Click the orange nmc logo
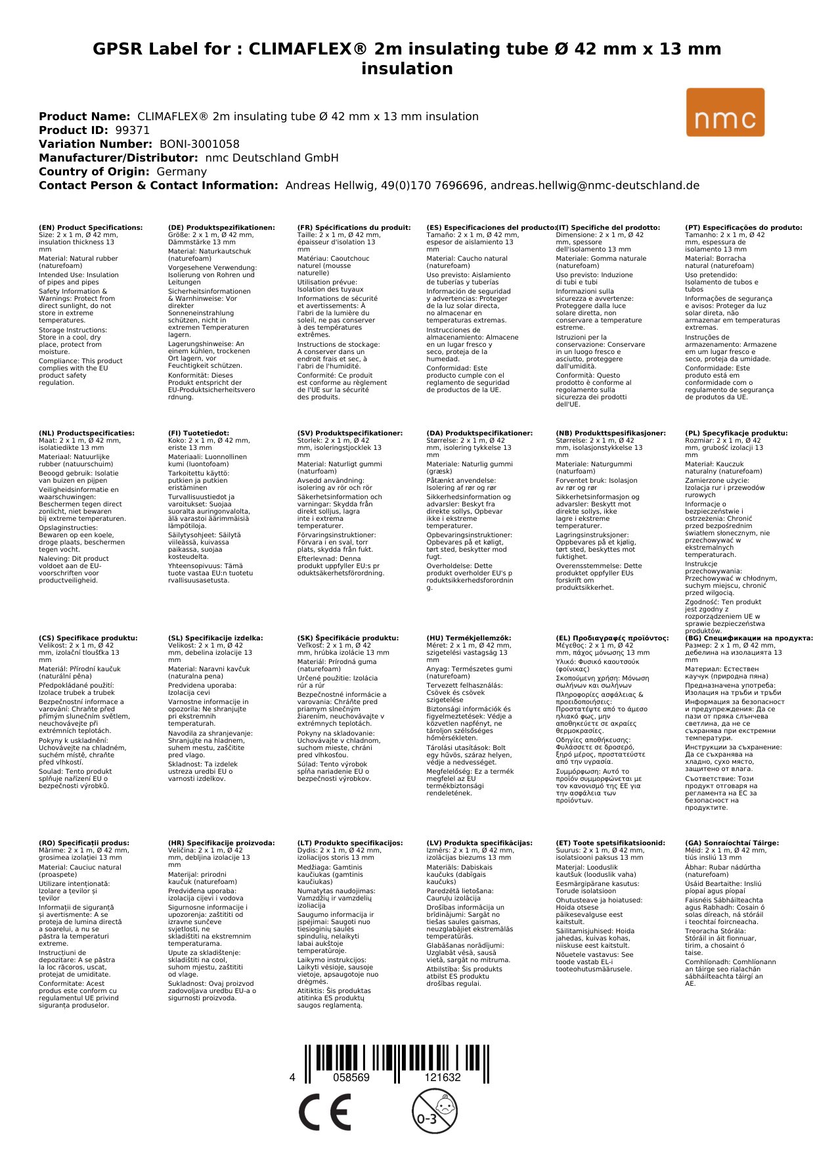pos(725,112)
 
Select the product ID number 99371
pos(133,130)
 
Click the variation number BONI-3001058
pos(200,144)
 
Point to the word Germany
pos(181,171)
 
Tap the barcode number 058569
pos(351,1077)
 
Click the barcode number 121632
pos(443,1077)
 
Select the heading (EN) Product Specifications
pos(91,228)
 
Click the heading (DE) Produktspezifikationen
pos(221,228)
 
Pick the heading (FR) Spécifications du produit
pos(354,228)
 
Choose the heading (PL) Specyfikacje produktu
pos(736,433)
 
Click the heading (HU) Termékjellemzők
pos(469,638)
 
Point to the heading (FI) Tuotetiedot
pos(198,433)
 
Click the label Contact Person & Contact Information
pos(158,185)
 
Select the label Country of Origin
pos(94,171)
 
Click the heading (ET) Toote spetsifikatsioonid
pos(610,843)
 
